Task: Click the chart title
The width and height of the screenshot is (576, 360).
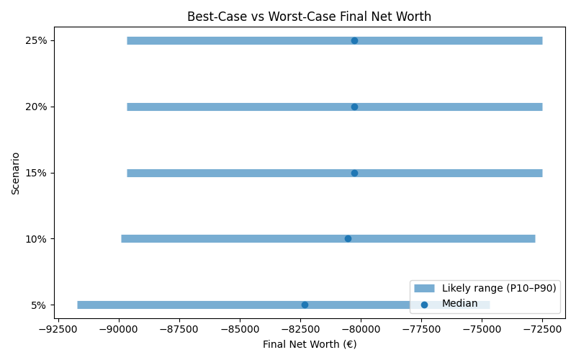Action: pyautogui.click(x=309, y=17)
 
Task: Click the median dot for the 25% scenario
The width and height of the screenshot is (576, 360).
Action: pyautogui.click(x=354, y=40)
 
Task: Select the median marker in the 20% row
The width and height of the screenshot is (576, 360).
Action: pyautogui.click(x=354, y=107)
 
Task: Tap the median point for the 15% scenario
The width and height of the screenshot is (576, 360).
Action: pyautogui.click(x=354, y=173)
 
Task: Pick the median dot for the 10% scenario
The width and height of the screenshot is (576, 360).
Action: pyautogui.click(x=348, y=238)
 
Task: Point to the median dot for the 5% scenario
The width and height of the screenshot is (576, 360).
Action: pyautogui.click(x=305, y=305)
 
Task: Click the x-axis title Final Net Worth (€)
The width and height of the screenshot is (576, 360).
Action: pyautogui.click(x=309, y=344)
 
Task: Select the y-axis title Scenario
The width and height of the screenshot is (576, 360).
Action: pyautogui.click(x=15, y=173)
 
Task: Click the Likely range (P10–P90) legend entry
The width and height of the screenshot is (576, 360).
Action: pyautogui.click(x=499, y=288)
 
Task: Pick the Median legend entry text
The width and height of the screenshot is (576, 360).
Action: pyautogui.click(x=459, y=303)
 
